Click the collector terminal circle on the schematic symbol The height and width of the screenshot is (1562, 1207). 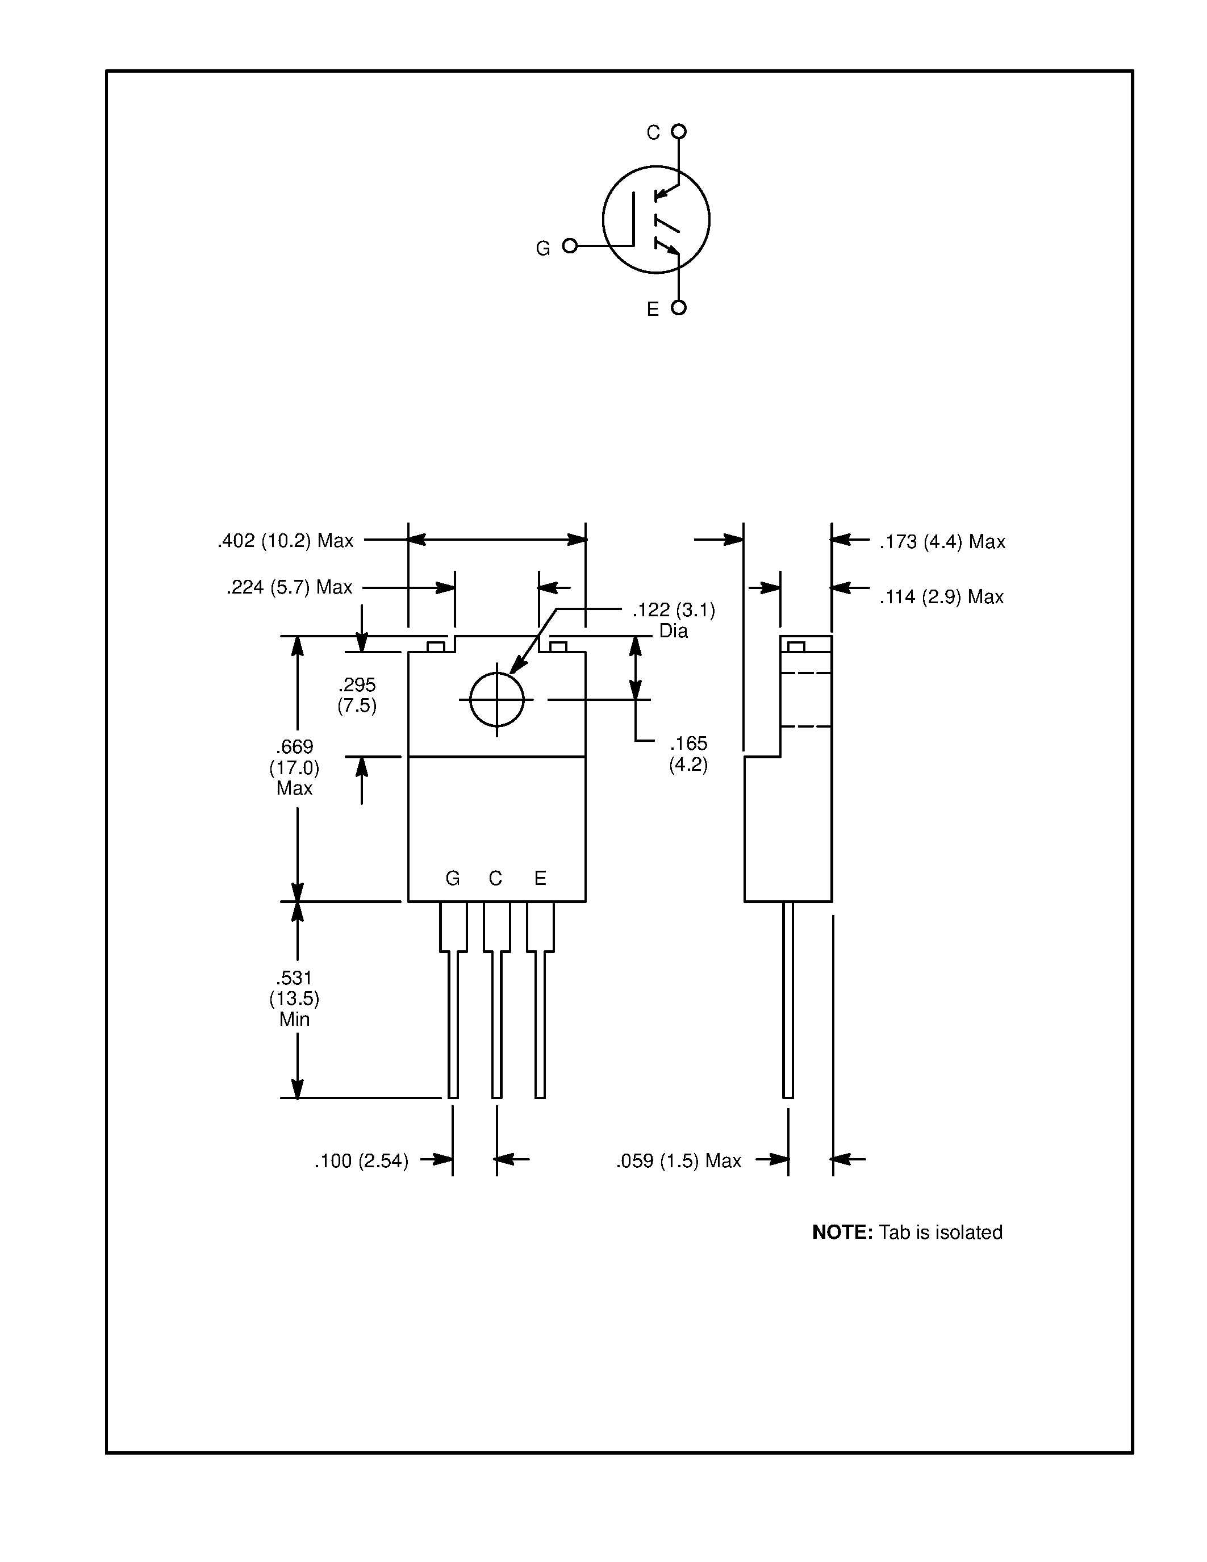coord(679,132)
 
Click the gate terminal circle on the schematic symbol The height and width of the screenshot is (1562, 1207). coord(570,246)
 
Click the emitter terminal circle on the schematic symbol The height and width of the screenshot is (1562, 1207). coord(679,307)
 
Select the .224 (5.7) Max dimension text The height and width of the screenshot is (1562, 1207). coord(290,587)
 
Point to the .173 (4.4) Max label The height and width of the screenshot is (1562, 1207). coord(942,542)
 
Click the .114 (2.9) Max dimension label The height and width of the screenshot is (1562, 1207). coord(941,596)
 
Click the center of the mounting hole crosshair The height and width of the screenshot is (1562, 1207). coord(497,699)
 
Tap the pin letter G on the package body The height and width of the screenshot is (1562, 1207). coord(453,878)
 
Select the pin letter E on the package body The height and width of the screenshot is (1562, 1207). coord(541,878)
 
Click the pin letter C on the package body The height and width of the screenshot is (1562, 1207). coord(495,878)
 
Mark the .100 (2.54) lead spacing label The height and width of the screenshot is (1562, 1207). coord(361,1161)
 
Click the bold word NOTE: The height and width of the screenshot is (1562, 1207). coord(842,1233)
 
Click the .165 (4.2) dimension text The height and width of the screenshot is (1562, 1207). coord(688,754)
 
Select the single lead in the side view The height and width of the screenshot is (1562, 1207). coord(788,1001)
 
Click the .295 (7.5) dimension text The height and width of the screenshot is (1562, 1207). coord(357,695)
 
